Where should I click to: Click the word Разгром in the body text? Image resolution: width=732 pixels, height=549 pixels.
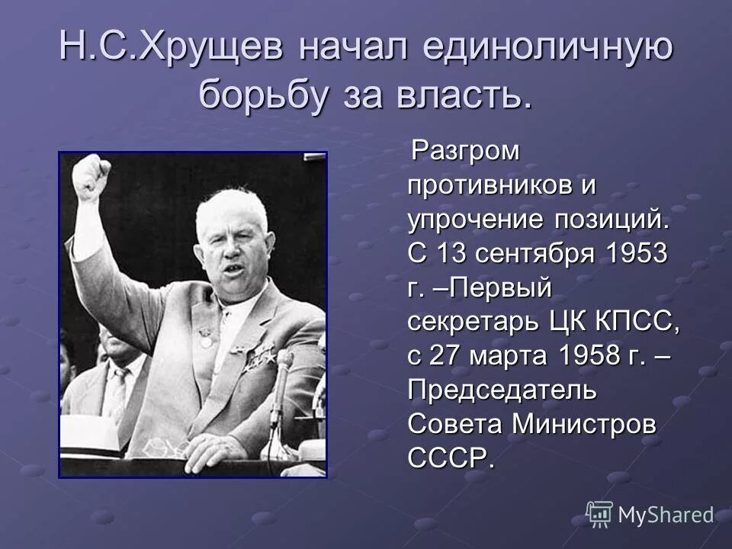(x=466, y=151)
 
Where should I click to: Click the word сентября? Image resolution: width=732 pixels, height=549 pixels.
(x=520, y=254)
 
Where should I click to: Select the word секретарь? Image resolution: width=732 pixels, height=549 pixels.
(x=474, y=323)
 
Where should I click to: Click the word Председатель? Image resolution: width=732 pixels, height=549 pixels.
(x=502, y=390)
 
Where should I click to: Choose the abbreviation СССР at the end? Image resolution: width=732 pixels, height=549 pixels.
(x=451, y=459)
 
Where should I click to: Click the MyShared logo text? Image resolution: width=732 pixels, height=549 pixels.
(x=665, y=515)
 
